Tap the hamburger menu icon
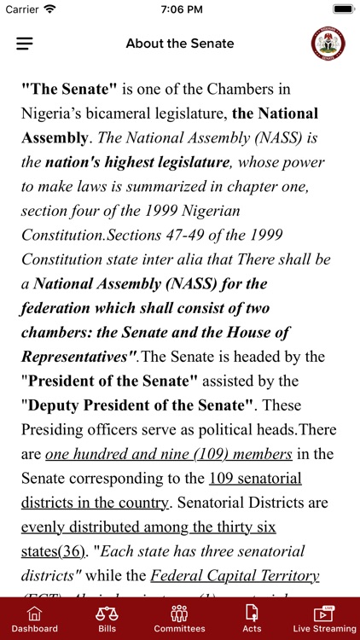coord(25,44)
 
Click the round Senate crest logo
coord(328,44)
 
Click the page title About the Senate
coord(179,44)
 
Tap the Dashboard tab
coord(34,619)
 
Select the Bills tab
coord(107,619)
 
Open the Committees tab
coord(179,619)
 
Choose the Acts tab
coord(252,619)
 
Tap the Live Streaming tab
coord(324,619)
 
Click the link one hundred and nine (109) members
coord(169,454)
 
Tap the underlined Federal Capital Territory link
coord(235,575)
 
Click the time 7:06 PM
coord(179,9)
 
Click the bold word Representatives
coord(75,356)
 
